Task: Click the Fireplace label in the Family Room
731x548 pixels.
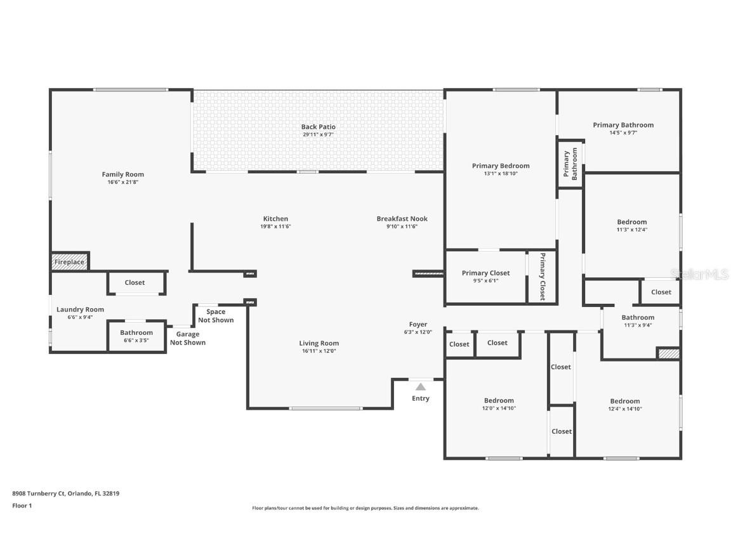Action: (x=69, y=262)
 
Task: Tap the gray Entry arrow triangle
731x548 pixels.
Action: (x=421, y=387)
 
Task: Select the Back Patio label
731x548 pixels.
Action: (x=319, y=127)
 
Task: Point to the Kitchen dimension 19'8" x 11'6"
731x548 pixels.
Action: (x=275, y=226)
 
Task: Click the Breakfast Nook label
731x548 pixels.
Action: (x=402, y=219)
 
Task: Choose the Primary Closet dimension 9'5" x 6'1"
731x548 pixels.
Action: (x=486, y=280)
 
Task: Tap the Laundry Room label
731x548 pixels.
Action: (x=80, y=310)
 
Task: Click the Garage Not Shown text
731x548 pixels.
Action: (x=188, y=338)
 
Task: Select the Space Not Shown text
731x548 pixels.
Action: (x=216, y=316)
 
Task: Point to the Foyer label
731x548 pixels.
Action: (x=418, y=324)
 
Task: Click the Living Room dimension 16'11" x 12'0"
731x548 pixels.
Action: (x=319, y=351)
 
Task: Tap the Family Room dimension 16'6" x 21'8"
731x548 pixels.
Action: (x=123, y=182)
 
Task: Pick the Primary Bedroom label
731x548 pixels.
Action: (x=501, y=166)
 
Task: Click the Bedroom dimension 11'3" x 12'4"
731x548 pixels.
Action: (x=632, y=229)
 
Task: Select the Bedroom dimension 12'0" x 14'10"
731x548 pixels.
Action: (x=499, y=408)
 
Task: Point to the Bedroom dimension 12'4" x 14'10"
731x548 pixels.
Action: (x=624, y=408)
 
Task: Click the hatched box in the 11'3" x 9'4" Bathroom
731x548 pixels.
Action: (x=669, y=354)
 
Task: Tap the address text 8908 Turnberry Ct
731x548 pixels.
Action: (x=39, y=493)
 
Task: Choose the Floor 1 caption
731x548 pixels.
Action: (x=22, y=506)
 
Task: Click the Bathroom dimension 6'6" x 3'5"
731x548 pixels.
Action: (x=136, y=340)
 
